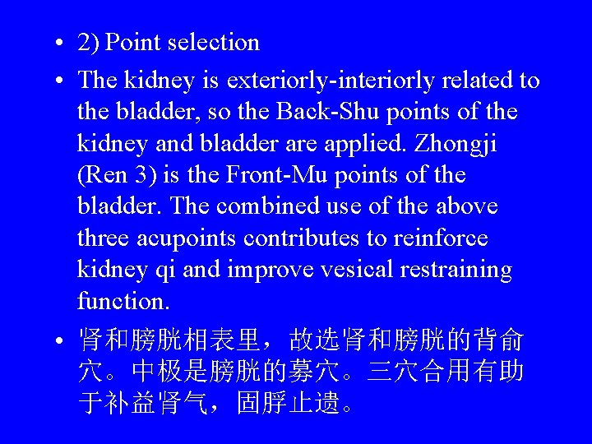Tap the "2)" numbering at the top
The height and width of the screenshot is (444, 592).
tap(89, 43)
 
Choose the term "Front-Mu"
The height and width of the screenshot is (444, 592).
tap(266, 175)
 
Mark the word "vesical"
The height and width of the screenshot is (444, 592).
tap(352, 271)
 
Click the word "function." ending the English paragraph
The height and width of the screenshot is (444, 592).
tap(123, 302)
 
